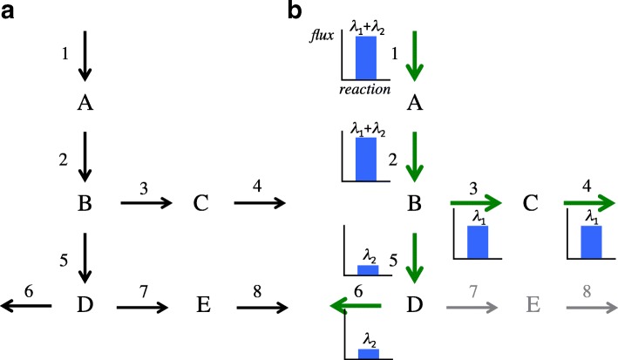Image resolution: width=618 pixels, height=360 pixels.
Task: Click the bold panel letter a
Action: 10,12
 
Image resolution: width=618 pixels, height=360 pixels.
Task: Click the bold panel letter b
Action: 296,12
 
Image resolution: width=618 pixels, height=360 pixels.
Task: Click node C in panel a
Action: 200,204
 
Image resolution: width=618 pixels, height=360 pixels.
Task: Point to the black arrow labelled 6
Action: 27,305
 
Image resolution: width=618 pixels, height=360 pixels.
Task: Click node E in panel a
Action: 200,306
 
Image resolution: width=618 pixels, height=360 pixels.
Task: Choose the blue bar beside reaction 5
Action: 368,269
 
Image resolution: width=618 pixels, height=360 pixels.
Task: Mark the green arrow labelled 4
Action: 590,206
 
